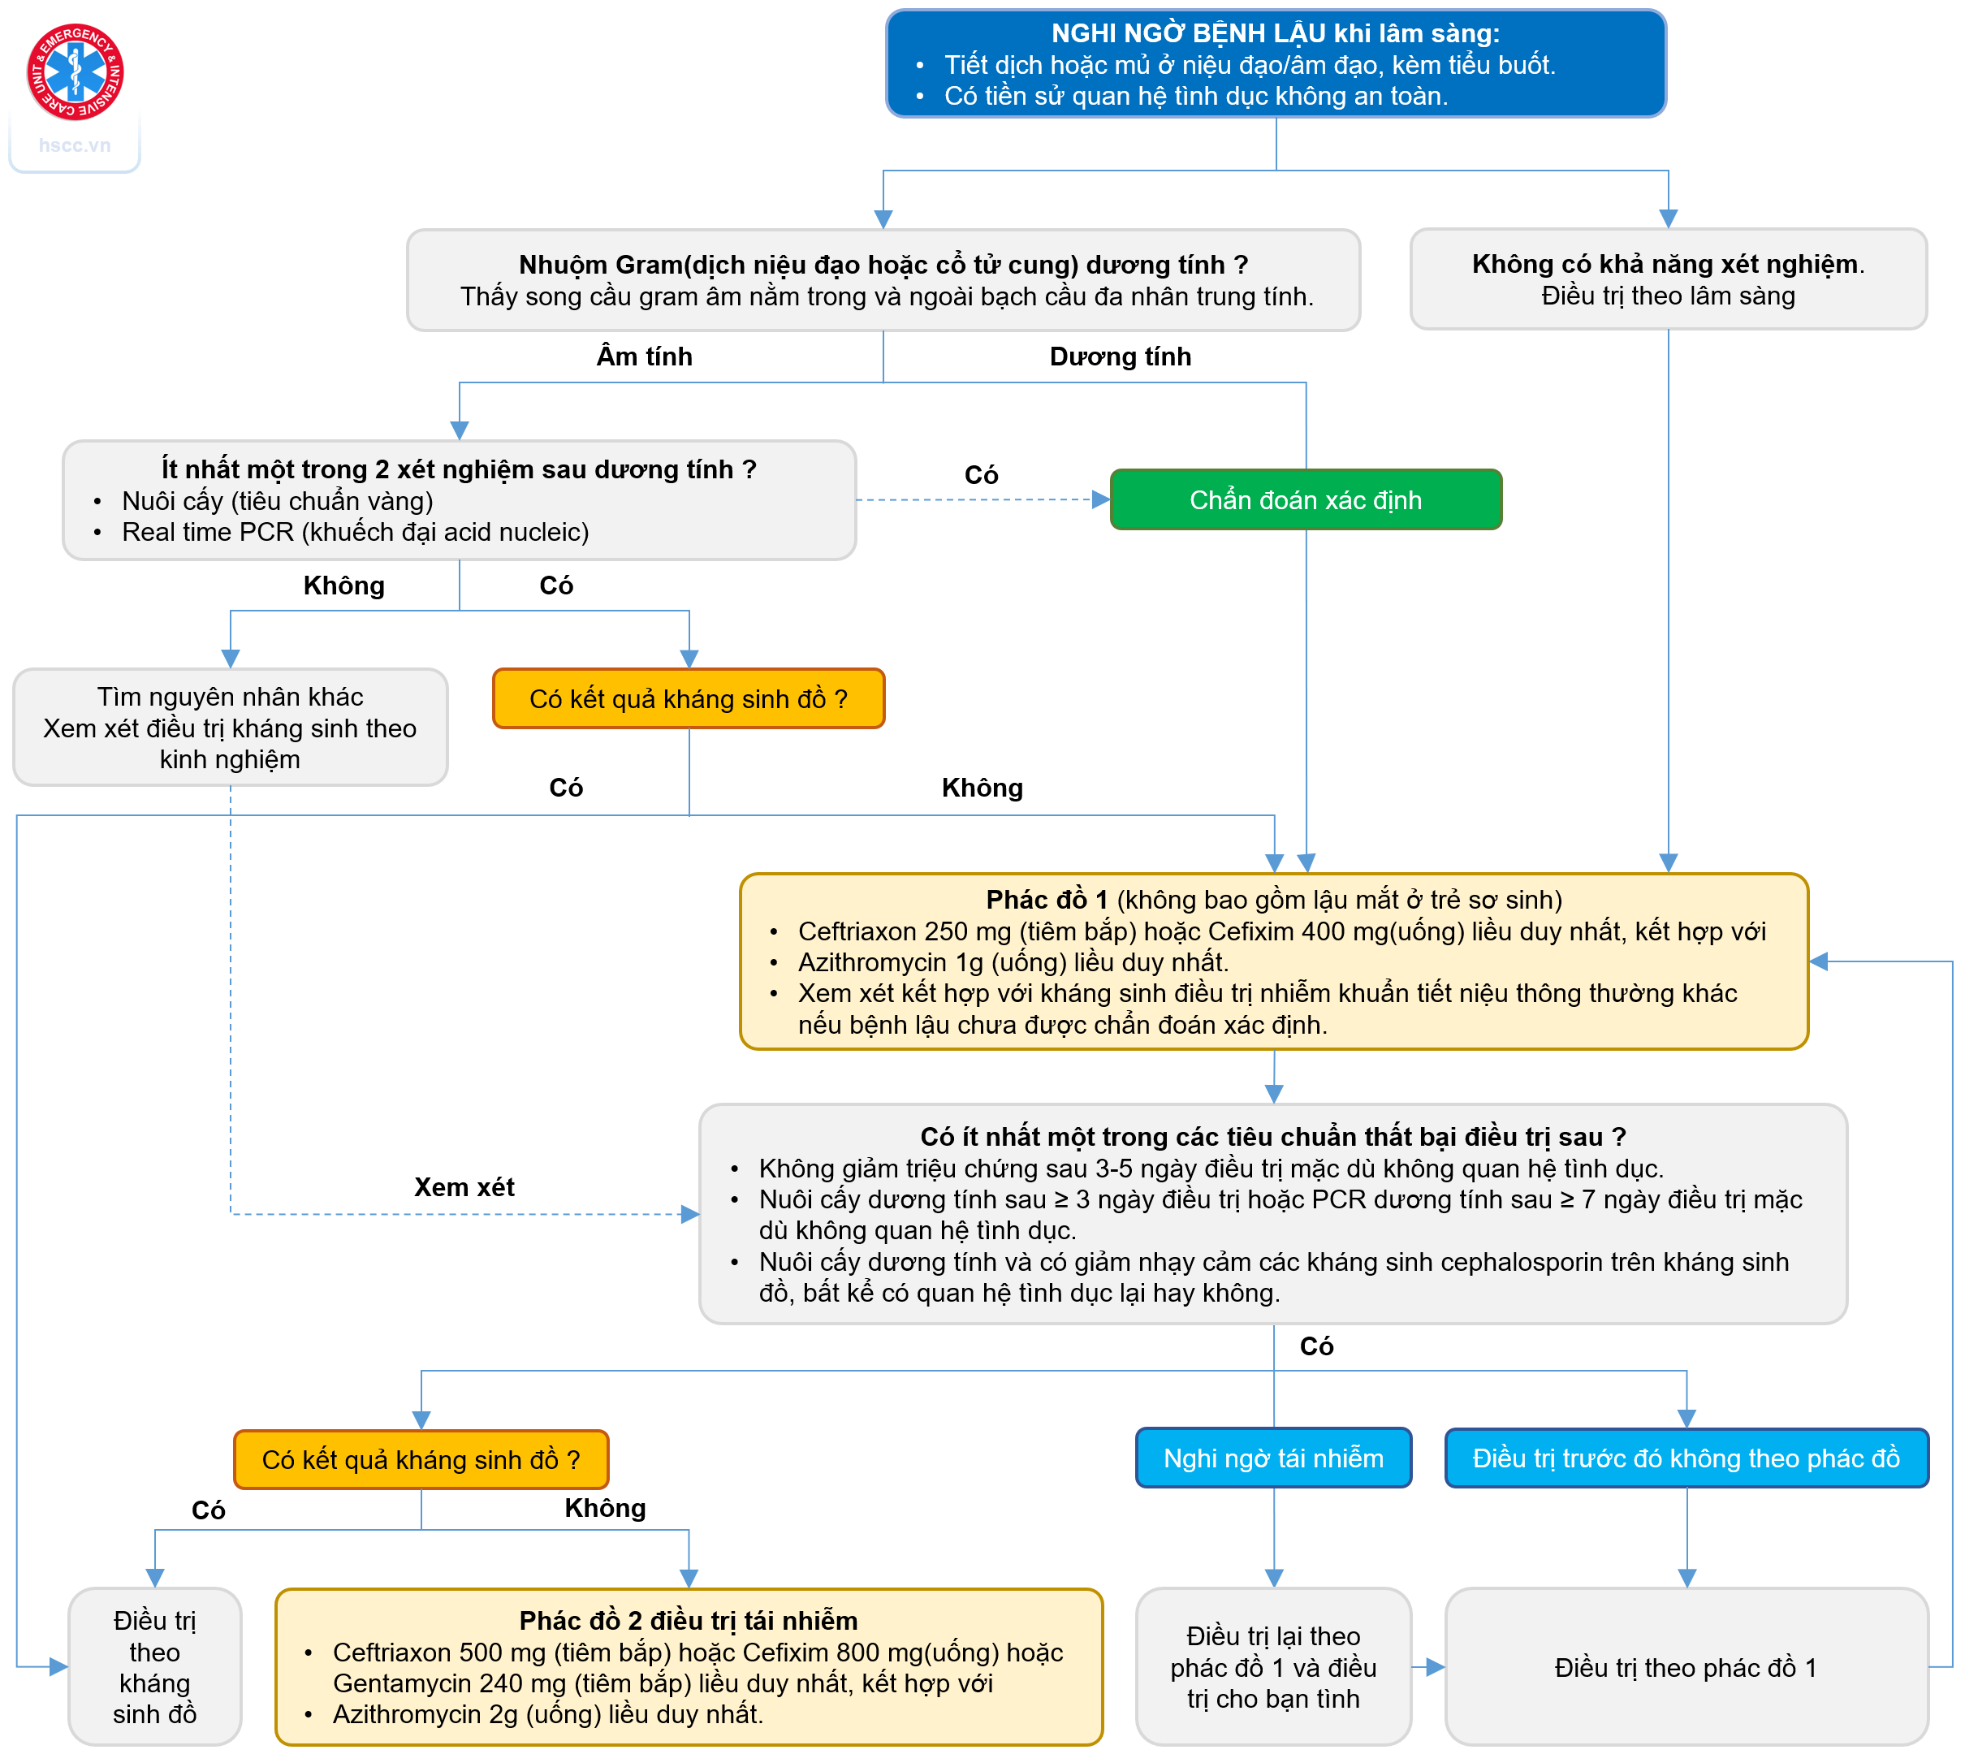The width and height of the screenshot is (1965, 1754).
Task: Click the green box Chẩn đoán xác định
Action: pos(1305,500)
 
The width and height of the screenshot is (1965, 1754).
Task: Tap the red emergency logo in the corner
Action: pos(76,72)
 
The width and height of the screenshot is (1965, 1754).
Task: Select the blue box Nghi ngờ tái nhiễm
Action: pos(1273,1458)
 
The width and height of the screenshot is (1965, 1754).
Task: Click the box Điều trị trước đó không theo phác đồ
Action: pos(1686,1458)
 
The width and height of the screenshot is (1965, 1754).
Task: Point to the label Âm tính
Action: pos(644,356)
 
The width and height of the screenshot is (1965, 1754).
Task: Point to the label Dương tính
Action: pos(1120,356)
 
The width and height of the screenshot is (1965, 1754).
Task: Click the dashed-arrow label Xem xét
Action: pos(464,1186)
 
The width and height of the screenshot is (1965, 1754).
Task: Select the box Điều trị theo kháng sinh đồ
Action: pos(154,1666)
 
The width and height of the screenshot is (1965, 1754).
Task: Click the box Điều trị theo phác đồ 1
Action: pos(1686,1667)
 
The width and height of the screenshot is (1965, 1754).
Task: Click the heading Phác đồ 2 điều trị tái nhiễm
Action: pos(688,1620)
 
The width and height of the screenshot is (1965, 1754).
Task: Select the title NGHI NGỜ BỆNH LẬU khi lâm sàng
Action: pos(1275,34)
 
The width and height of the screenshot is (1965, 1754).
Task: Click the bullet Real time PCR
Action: pos(355,532)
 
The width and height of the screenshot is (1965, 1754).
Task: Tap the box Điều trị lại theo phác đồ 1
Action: pos(1273,1667)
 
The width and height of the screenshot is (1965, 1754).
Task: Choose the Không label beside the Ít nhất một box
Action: pos(344,586)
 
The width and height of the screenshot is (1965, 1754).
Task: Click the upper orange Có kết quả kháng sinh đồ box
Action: pos(688,698)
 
